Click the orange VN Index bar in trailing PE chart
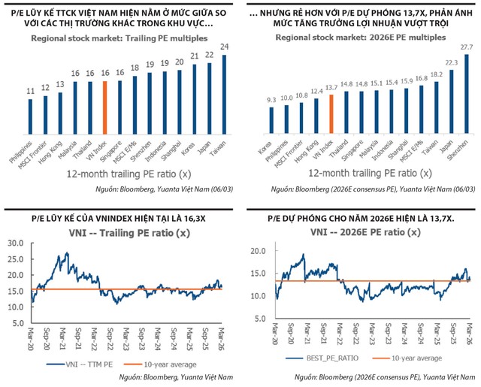coord(105,106)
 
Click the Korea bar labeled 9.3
coord(271,119)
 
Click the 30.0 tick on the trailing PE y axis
coord(17,243)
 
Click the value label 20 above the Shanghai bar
coord(179,63)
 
